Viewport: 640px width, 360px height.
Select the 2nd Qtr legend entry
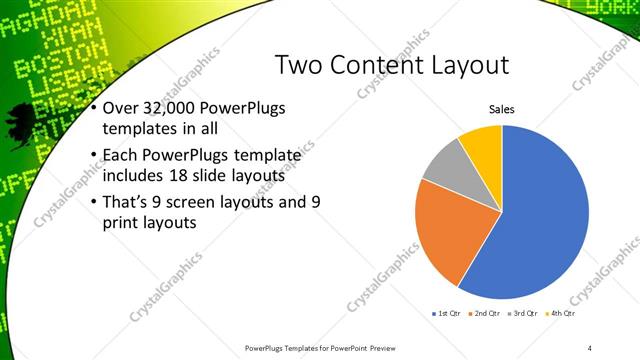(x=486, y=313)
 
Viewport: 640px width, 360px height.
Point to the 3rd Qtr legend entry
(x=525, y=313)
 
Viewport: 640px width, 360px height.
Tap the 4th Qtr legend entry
(x=563, y=313)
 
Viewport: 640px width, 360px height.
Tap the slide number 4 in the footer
(x=590, y=348)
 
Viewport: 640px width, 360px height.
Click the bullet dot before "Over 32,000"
(x=94, y=108)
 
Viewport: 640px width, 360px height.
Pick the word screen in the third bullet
(x=191, y=201)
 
